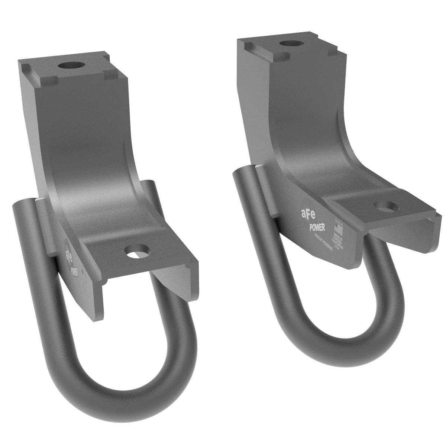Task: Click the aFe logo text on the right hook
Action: (x=307, y=213)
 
